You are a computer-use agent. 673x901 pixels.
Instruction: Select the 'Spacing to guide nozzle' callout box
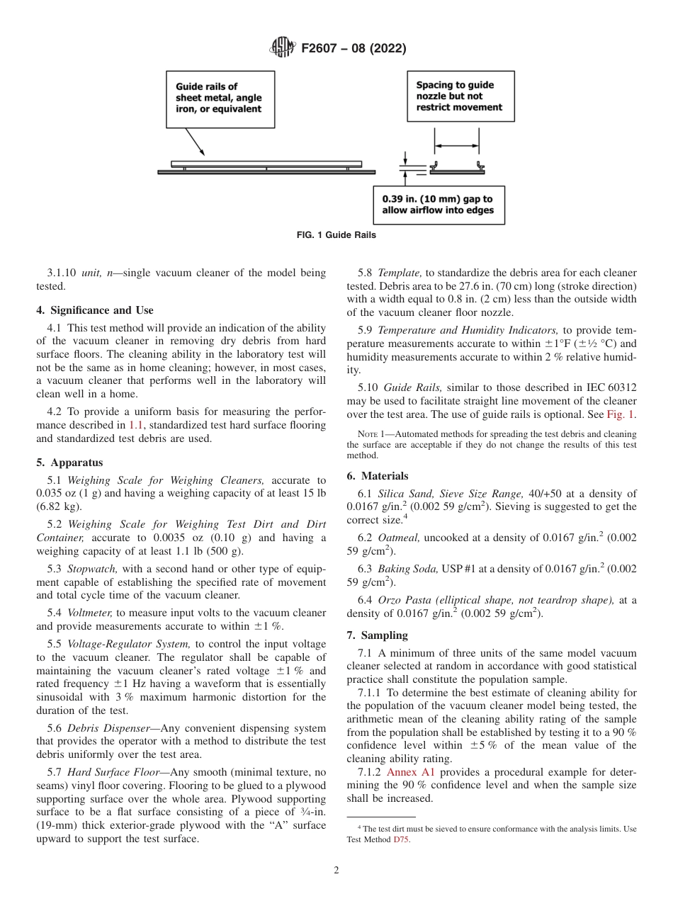point(459,96)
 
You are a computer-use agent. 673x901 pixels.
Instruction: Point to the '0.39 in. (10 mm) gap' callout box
point(439,205)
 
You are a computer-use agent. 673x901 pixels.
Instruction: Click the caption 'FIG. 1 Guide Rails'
point(336,235)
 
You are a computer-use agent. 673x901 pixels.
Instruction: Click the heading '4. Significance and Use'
point(95,310)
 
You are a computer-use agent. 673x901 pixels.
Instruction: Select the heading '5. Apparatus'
point(69,463)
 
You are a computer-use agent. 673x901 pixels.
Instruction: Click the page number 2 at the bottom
point(336,871)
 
